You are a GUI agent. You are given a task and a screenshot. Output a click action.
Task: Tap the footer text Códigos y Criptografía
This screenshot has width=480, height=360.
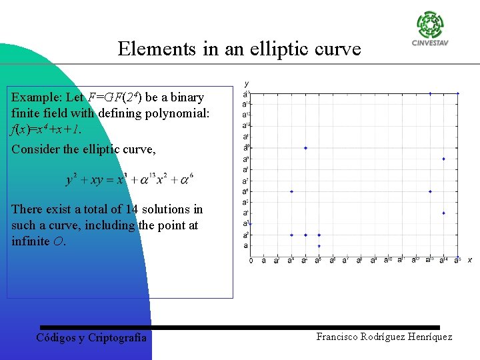pyautogui.click(x=91, y=337)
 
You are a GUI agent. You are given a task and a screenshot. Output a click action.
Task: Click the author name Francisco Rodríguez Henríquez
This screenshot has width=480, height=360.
pyautogui.click(x=384, y=337)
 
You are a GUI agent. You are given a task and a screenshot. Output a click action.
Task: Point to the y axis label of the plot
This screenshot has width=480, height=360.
pyautogui.click(x=247, y=83)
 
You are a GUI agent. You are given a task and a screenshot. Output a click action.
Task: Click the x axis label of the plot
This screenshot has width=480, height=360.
pyautogui.click(x=469, y=259)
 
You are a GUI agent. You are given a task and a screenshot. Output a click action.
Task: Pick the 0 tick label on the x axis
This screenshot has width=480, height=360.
pyautogui.click(x=251, y=260)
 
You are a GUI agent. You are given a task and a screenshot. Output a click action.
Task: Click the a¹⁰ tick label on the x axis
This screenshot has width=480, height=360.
pyautogui.click(x=387, y=260)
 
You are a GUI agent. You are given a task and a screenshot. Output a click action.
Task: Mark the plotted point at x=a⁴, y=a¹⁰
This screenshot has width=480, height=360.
pyautogui.click(x=305, y=148)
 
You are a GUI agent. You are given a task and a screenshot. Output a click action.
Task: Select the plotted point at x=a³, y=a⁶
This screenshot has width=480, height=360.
pyautogui.click(x=291, y=191)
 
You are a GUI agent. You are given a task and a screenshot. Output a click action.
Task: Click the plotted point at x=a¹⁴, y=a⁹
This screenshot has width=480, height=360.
pyautogui.click(x=444, y=159)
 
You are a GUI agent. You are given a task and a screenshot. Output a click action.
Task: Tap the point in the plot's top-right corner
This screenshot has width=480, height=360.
pyautogui.click(x=458, y=93)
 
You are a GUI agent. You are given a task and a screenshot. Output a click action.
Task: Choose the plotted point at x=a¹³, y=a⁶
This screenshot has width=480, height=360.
pyautogui.click(x=430, y=191)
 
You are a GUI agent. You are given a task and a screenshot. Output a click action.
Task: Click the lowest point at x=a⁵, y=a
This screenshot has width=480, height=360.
pyautogui.click(x=319, y=246)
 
